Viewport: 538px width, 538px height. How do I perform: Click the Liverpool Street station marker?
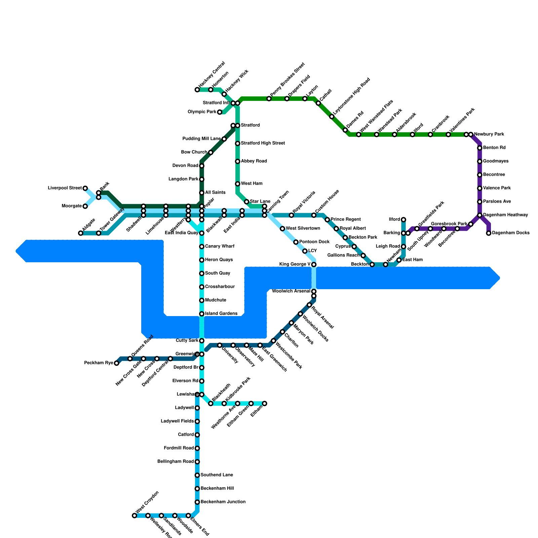(x=85, y=188)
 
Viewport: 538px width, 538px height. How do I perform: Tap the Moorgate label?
(x=72, y=206)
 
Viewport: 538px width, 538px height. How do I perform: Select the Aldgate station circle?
(x=81, y=233)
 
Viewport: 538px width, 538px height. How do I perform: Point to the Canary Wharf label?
(x=219, y=246)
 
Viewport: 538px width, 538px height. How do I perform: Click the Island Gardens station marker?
(x=202, y=314)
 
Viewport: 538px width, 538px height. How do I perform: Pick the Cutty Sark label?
(x=187, y=341)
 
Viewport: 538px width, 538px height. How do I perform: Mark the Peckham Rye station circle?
(x=116, y=363)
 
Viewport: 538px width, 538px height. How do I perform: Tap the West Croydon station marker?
(x=134, y=515)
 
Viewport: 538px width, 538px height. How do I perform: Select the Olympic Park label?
(x=202, y=112)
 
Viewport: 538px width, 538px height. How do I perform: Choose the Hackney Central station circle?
(x=197, y=90)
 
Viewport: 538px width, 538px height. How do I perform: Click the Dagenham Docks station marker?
(x=489, y=233)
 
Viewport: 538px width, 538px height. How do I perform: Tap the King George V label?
(x=295, y=264)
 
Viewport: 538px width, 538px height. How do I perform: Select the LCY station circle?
(x=305, y=251)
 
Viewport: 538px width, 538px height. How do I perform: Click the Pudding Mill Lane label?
(x=201, y=139)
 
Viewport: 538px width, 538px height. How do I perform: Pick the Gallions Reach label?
(x=343, y=256)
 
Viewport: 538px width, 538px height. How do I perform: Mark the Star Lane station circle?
(x=246, y=202)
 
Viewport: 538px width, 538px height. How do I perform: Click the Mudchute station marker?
(x=202, y=300)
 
